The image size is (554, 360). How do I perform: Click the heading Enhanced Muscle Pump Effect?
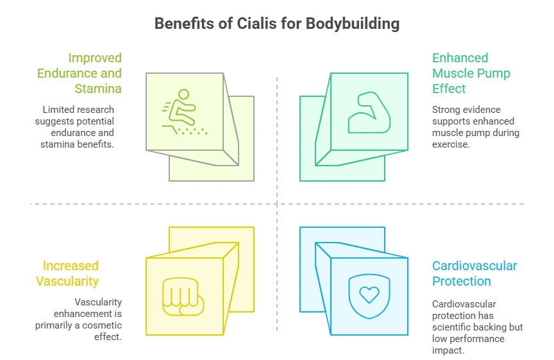(x=471, y=73)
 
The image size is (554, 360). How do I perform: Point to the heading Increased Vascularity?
(x=71, y=273)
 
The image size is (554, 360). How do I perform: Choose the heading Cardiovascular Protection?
(x=474, y=273)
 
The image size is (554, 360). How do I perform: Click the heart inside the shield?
(x=369, y=294)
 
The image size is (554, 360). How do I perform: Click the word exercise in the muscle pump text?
(x=452, y=144)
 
